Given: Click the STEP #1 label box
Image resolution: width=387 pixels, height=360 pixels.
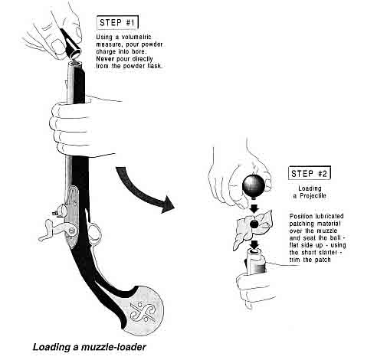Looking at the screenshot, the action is coord(117,23).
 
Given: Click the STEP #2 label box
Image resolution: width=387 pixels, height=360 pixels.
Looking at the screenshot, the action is coord(310,173).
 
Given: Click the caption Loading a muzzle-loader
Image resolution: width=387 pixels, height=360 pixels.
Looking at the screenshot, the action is coord(90,347).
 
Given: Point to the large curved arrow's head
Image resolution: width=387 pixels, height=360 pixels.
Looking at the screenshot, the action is coord(167,205).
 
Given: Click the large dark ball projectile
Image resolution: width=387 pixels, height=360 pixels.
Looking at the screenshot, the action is coord(254,185).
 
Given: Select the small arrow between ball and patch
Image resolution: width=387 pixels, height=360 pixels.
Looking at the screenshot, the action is coord(254,208).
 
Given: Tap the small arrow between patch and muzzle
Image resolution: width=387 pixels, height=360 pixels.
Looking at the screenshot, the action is coord(254,244).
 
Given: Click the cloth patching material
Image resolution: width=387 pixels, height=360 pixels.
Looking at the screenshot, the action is coord(253,227).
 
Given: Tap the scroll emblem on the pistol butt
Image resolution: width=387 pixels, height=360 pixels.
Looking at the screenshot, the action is coord(143,312).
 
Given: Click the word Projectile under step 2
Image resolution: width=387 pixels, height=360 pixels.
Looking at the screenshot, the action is coord(313,196).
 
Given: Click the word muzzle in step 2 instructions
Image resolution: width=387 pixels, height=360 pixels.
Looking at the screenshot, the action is coord(328,231).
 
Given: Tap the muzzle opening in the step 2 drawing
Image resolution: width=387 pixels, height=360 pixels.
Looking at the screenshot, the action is coord(254,251).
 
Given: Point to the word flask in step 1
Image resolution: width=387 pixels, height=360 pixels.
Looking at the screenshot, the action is coord(154,66).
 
